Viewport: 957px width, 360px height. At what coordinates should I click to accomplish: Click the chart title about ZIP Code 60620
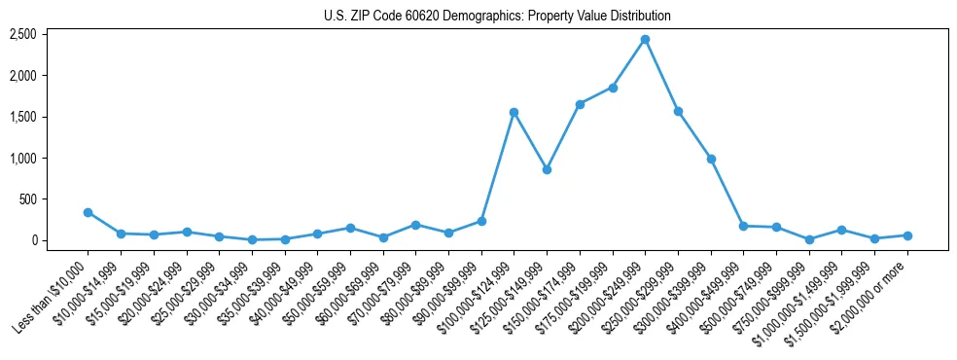point(497,17)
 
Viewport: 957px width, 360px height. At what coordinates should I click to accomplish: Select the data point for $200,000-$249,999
point(645,40)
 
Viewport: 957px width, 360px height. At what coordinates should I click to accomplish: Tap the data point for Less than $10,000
point(88,212)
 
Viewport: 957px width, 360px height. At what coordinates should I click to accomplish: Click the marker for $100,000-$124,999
point(514,112)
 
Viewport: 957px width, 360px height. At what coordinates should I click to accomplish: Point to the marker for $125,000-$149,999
point(547,169)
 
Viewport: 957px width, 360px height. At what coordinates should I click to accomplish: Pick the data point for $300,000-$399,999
point(711,159)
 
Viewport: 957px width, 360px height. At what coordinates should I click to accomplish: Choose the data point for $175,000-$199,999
point(613,88)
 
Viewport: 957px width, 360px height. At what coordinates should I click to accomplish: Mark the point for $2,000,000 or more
point(907,235)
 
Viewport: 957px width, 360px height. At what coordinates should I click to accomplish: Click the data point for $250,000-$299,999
point(678,111)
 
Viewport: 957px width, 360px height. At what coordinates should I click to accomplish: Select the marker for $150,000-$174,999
point(580,104)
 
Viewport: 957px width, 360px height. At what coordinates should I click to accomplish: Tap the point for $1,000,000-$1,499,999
point(841,230)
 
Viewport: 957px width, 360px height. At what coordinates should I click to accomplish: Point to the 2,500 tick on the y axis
point(22,34)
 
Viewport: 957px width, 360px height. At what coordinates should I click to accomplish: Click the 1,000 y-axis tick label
point(22,158)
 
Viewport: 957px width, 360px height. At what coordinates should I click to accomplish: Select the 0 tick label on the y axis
point(33,240)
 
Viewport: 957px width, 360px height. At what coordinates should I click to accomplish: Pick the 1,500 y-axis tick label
point(22,117)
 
